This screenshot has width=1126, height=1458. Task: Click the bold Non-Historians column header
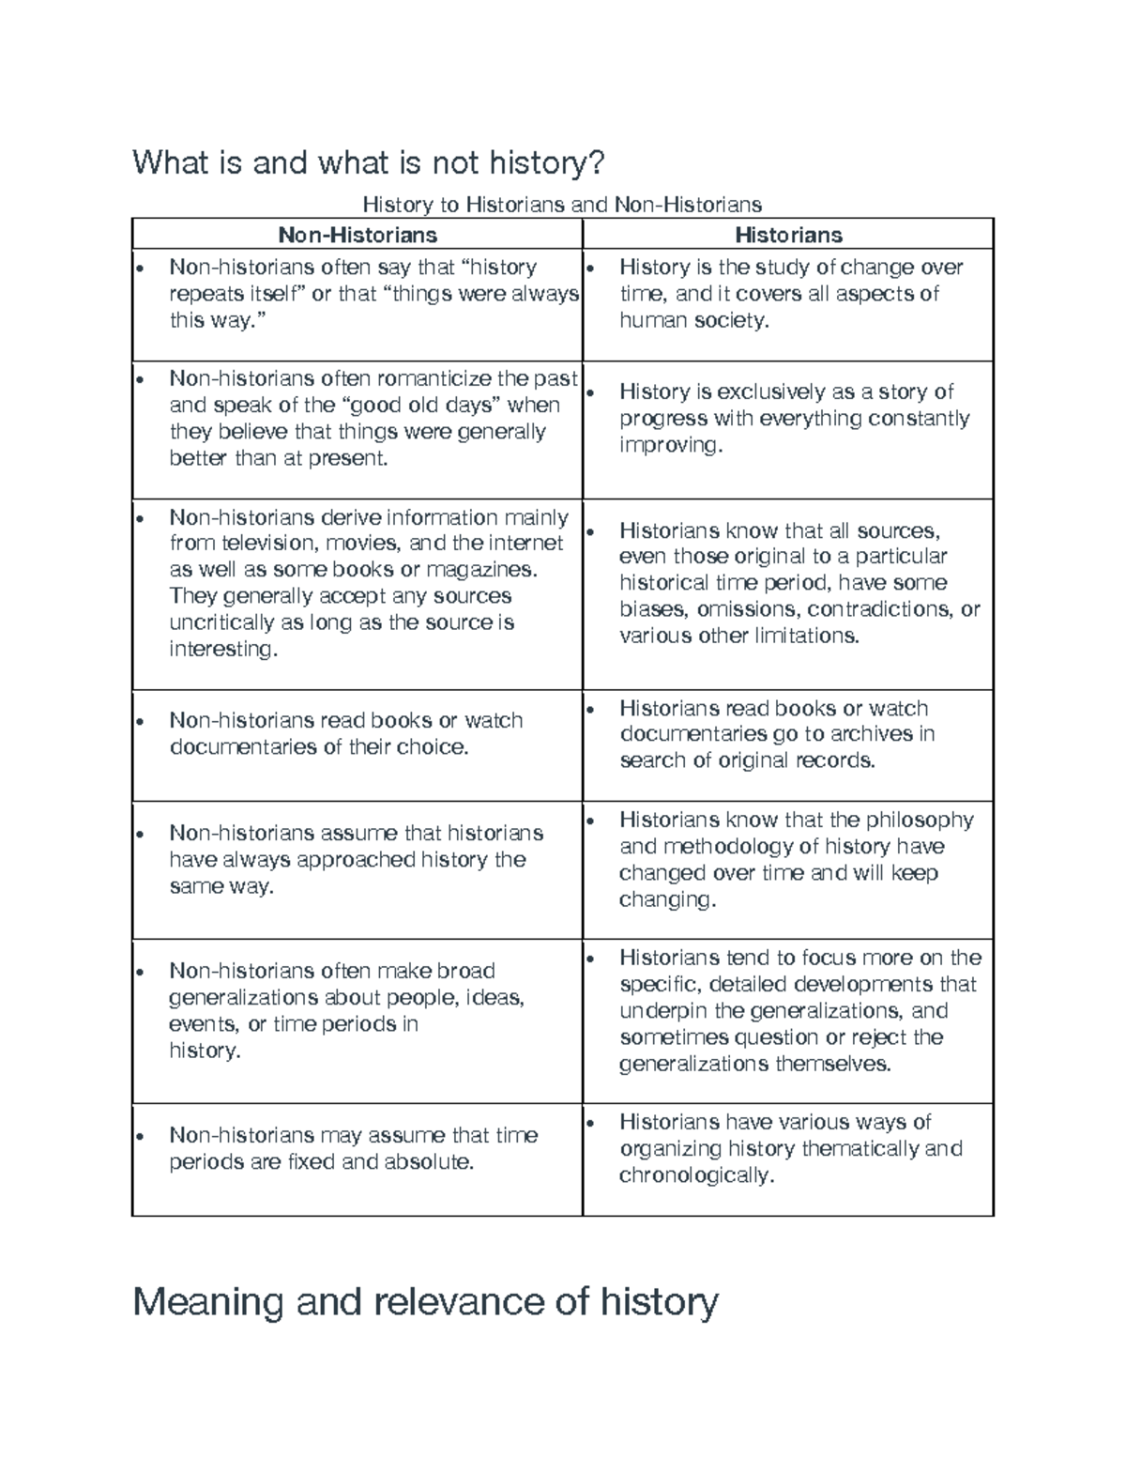357,234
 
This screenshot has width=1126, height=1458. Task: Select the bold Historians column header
788,234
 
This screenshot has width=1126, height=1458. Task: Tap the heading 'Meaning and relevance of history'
425,1302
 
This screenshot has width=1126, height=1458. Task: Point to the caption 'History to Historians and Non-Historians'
562,204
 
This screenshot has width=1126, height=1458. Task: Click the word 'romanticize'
434,378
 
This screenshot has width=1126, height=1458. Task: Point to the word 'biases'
654,609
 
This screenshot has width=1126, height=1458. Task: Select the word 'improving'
669,445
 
